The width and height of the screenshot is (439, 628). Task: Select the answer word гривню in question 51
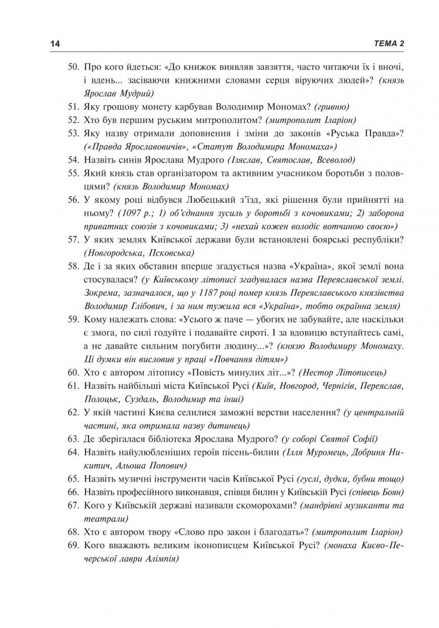[x=333, y=107]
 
